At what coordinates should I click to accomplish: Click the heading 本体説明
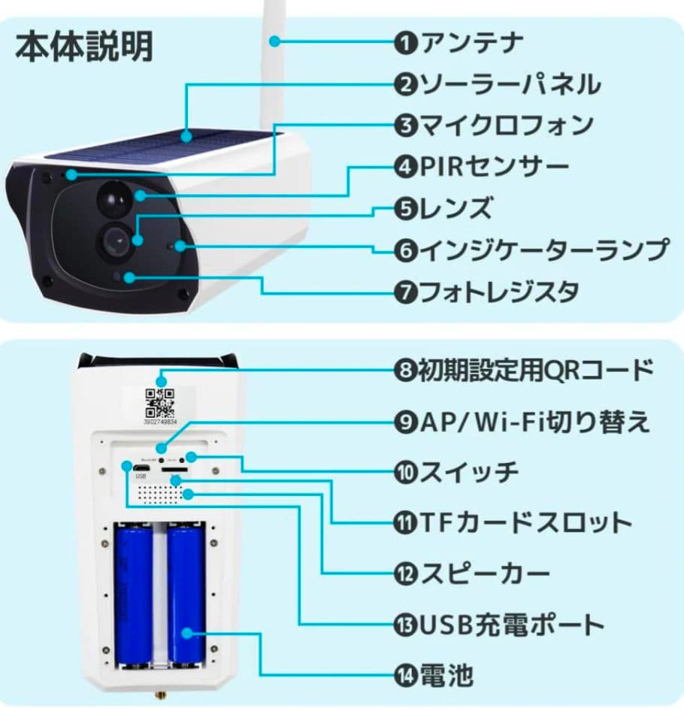(84, 47)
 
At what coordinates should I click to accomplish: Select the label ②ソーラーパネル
(498, 84)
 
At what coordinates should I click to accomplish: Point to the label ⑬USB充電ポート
(499, 624)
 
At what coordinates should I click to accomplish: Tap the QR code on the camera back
(160, 403)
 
